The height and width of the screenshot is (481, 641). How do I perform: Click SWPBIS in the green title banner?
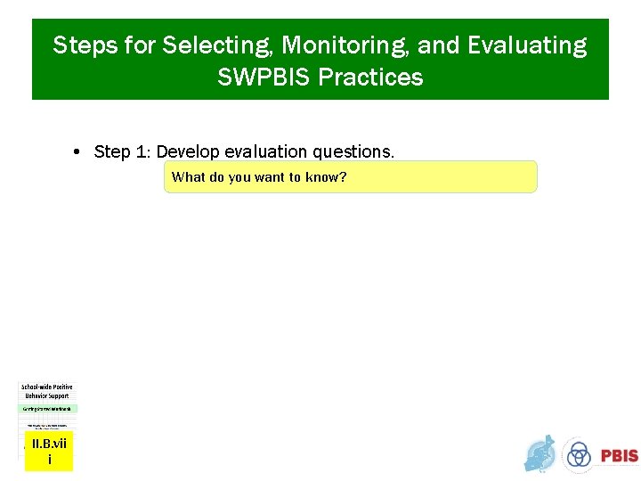264,77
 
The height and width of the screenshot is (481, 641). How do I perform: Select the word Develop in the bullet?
187,152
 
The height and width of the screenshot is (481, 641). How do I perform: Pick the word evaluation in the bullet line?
264,152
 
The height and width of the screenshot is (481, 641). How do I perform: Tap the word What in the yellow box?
188,177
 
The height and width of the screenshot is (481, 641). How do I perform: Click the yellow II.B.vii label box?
48,452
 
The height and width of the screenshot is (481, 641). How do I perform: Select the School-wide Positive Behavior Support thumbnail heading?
48,392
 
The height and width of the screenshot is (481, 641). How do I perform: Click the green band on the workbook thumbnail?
48,408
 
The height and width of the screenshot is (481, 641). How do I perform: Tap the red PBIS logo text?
619,455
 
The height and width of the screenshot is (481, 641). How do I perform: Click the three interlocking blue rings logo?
579,454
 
